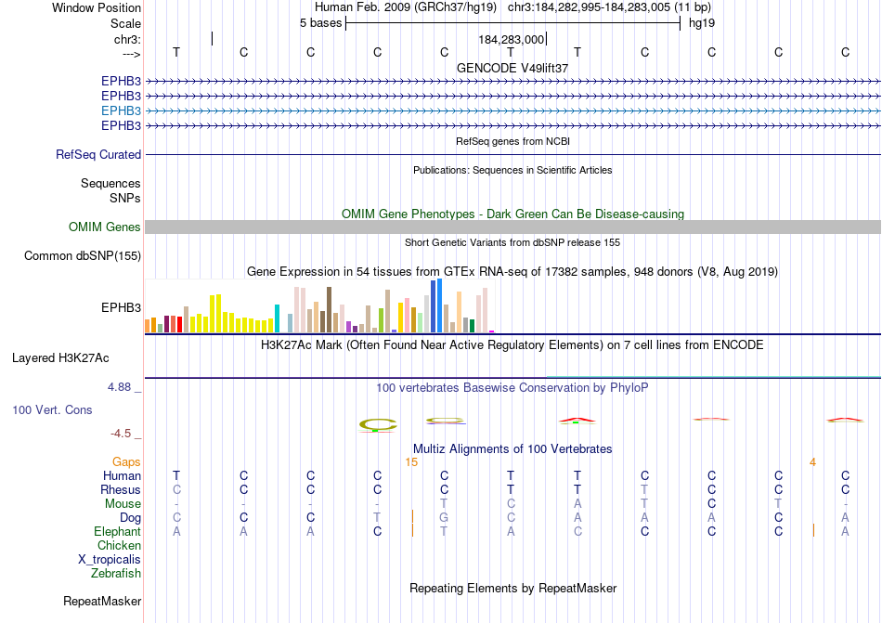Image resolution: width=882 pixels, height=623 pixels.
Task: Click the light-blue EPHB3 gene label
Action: (x=121, y=110)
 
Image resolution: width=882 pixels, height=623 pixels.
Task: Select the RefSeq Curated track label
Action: (x=98, y=155)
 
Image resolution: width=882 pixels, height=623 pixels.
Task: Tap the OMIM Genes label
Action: (x=105, y=227)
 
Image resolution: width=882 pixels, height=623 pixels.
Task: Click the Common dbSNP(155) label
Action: (x=83, y=255)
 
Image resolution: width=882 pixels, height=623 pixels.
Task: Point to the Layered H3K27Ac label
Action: (x=60, y=357)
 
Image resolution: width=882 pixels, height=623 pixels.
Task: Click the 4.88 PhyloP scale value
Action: (x=121, y=387)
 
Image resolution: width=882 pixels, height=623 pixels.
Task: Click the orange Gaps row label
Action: (x=126, y=461)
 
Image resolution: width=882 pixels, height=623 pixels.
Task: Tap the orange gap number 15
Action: (x=411, y=461)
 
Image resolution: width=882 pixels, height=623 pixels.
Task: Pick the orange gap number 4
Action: (x=812, y=461)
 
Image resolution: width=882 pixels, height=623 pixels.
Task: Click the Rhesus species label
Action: (x=121, y=489)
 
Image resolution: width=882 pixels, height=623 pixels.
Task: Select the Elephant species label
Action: (x=117, y=531)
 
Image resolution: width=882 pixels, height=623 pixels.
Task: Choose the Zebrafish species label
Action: (x=116, y=573)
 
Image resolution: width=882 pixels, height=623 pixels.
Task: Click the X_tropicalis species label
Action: (x=110, y=559)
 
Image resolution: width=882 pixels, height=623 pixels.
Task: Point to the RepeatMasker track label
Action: (x=102, y=601)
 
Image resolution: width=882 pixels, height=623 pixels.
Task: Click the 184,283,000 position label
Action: (x=511, y=40)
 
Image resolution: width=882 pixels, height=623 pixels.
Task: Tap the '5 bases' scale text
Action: (x=320, y=23)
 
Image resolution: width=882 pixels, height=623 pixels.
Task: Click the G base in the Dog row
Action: (x=445, y=517)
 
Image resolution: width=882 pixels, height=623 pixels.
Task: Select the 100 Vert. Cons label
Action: (x=52, y=409)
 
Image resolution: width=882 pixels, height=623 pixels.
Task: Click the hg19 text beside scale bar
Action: (x=701, y=23)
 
